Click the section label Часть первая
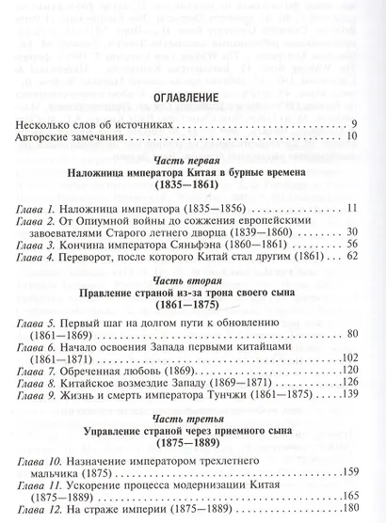coord(194,161)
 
